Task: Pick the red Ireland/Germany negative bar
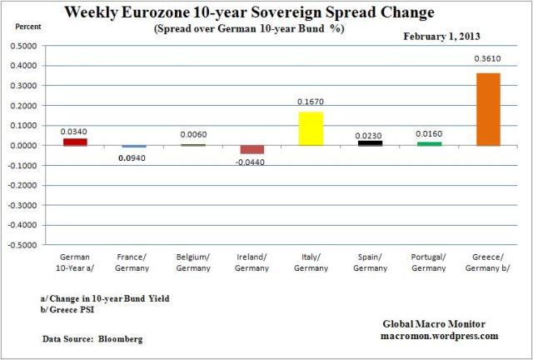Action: pyautogui.click(x=252, y=149)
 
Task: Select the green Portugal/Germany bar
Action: pyautogui.click(x=429, y=143)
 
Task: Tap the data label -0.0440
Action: pyautogui.click(x=252, y=163)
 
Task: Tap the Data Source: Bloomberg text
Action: pyautogui.click(x=91, y=339)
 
